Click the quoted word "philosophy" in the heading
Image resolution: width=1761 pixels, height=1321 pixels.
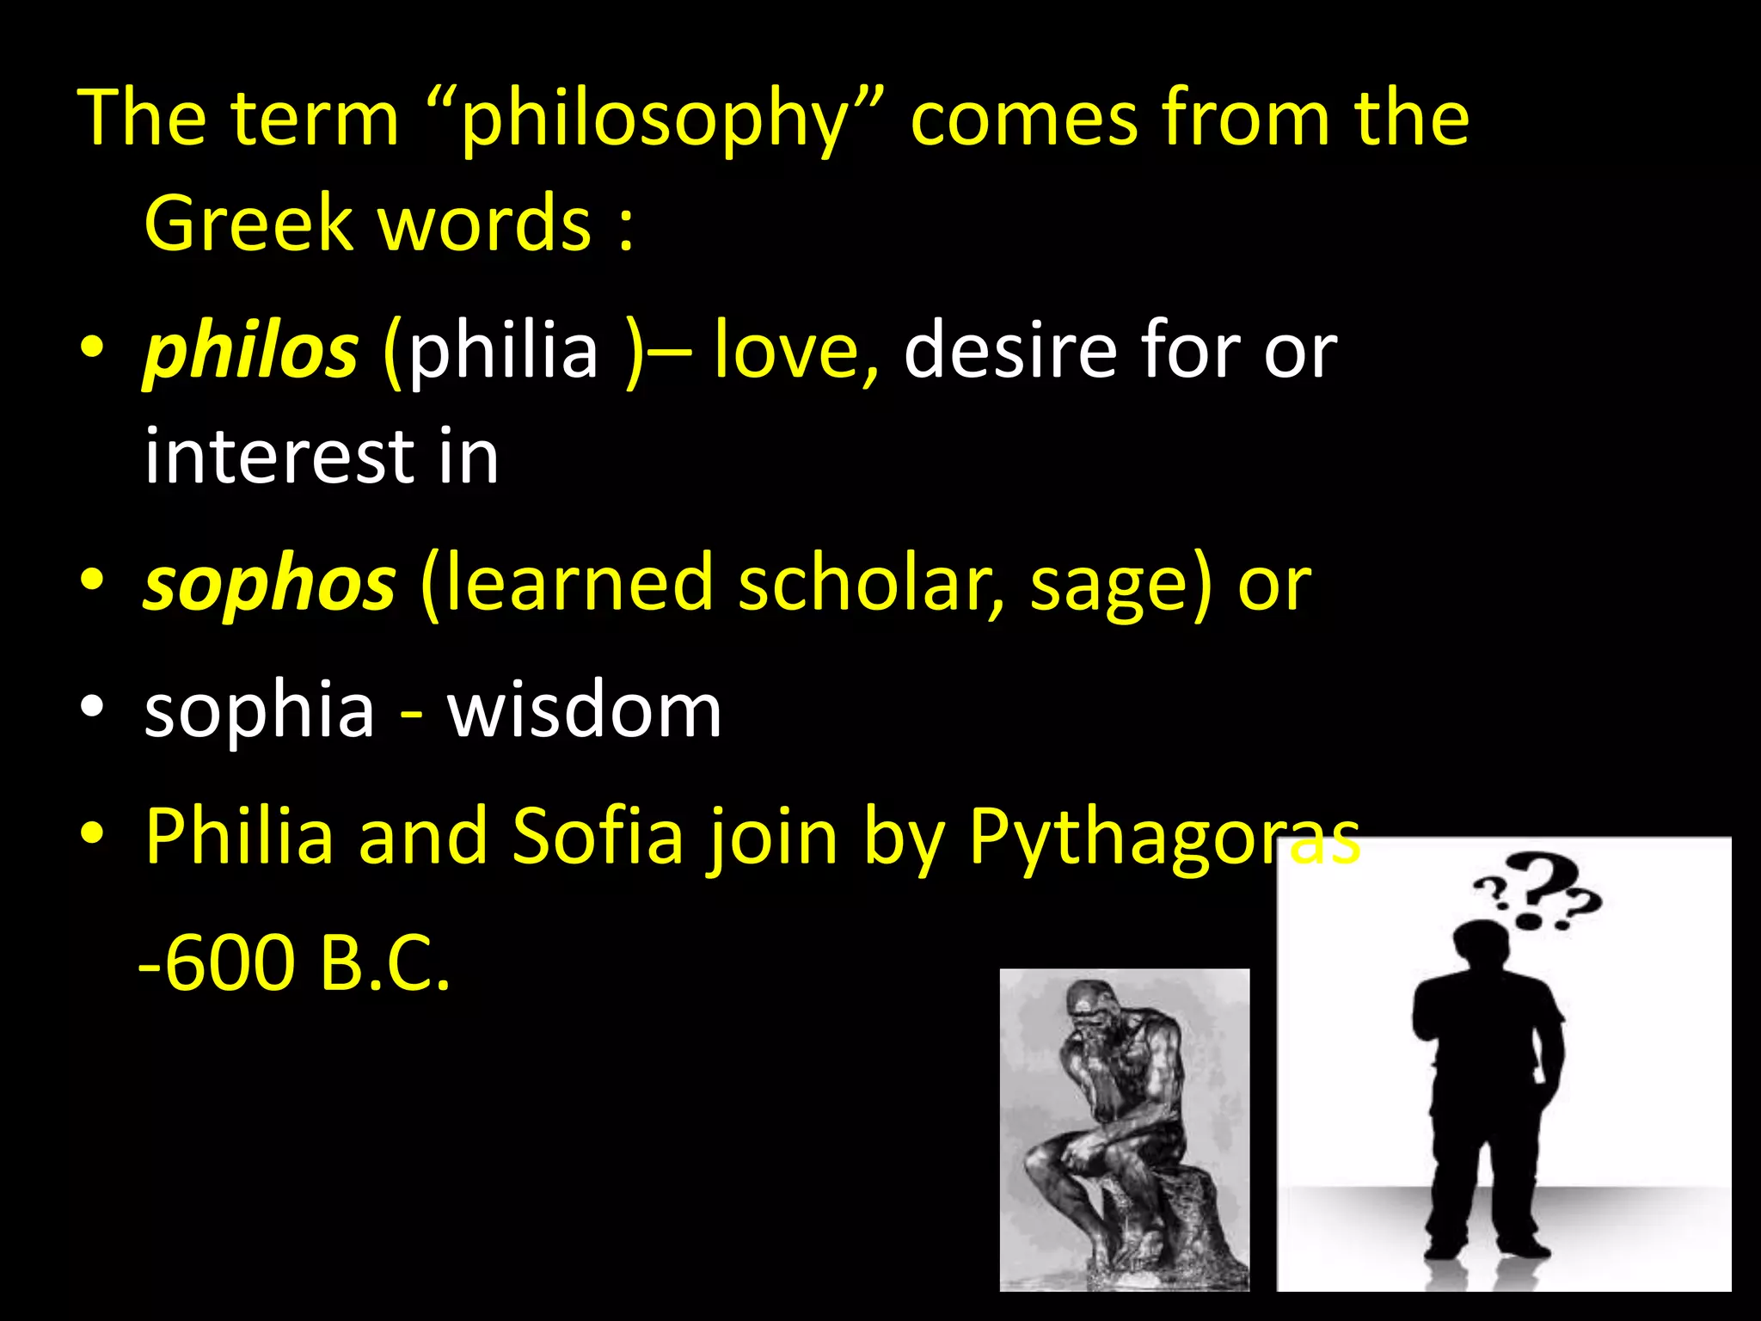click(x=654, y=120)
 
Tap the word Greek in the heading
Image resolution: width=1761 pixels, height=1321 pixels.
click(x=249, y=224)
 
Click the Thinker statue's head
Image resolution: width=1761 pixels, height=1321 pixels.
click(x=1090, y=1002)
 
